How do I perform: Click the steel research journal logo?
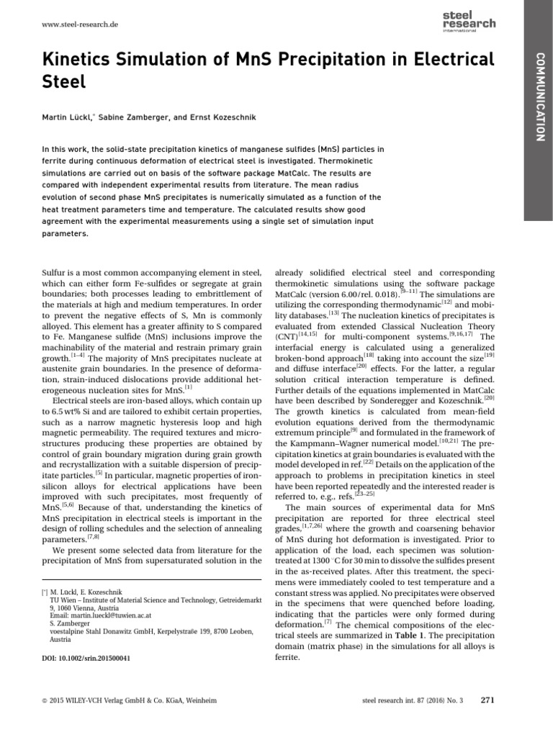[468, 19]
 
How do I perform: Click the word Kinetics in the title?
[77, 59]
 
